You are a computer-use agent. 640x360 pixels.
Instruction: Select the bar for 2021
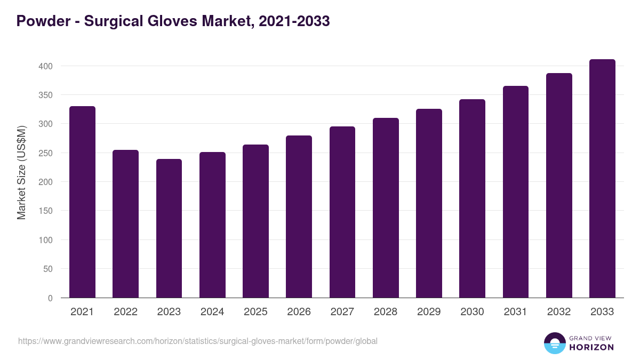click(82, 202)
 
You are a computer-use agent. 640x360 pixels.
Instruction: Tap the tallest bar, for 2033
click(602, 179)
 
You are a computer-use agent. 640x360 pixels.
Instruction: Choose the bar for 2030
click(472, 198)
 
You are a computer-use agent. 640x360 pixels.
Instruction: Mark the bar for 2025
click(255, 221)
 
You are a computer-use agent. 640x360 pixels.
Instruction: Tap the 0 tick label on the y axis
click(50, 298)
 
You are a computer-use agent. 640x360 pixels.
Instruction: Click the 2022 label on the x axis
click(125, 312)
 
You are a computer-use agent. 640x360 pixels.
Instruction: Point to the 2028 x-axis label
click(386, 312)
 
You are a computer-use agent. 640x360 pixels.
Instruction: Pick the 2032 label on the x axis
click(559, 312)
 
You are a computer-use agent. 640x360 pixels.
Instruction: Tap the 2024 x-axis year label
click(212, 312)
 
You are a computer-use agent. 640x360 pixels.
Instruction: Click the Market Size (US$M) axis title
click(21, 173)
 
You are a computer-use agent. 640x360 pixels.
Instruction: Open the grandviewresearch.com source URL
click(197, 341)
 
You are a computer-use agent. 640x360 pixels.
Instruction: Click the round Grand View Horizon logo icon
click(554, 343)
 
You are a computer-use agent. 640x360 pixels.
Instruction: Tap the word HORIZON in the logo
click(591, 347)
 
